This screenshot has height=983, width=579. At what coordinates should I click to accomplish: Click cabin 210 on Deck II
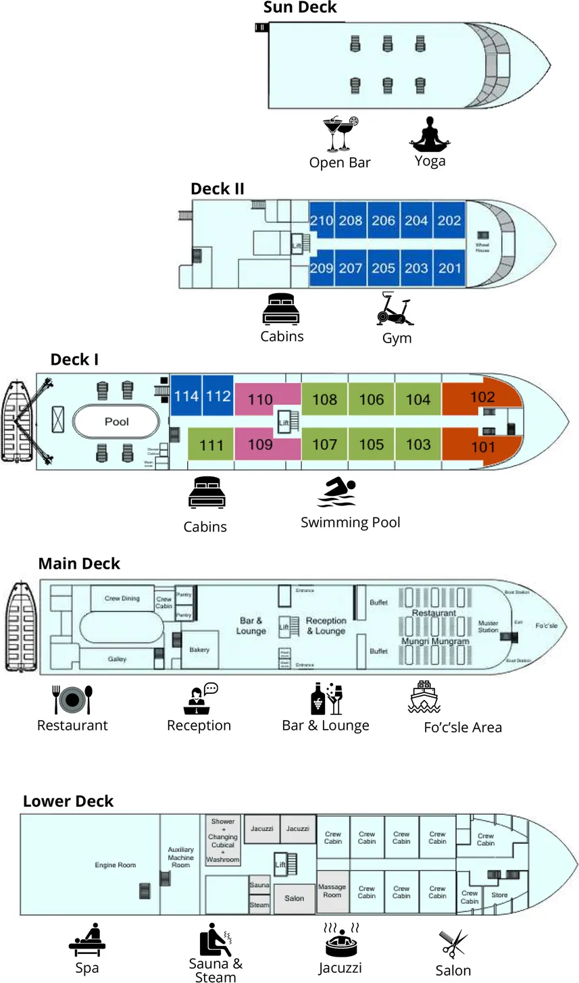pos(322,220)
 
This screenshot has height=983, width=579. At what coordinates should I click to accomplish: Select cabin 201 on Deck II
pos(449,268)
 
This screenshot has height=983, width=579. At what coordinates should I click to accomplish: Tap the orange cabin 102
pos(482,397)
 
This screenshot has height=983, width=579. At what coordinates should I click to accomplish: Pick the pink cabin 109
pos(260,445)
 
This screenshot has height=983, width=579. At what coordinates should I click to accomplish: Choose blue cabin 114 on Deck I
pos(186,395)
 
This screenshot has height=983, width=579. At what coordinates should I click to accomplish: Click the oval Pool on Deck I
pos(116,422)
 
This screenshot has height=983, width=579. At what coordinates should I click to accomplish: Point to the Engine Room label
pos(115,865)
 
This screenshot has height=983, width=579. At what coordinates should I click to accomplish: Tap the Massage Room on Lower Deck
pos(332,890)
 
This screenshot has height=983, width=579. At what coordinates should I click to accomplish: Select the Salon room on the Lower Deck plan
pos(294,899)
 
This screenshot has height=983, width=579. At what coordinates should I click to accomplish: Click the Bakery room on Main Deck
pos(199,649)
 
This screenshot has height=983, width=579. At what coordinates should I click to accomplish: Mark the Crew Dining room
pos(122,598)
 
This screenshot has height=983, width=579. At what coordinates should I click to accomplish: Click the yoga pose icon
pos(430,134)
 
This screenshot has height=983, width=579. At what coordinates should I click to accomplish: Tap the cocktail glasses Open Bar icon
pos(341,134)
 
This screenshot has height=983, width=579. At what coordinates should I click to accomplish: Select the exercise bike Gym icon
pos(395,309)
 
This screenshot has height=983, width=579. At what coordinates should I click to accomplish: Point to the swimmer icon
pos(337,492)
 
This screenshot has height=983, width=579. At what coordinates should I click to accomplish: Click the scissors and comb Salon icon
pos(453,944)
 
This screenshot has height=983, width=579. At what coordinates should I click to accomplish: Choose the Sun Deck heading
pos(300,8)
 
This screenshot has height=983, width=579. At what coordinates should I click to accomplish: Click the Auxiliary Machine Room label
pos(180,857)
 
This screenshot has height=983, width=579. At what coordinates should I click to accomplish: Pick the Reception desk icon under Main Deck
pos(200,699)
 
